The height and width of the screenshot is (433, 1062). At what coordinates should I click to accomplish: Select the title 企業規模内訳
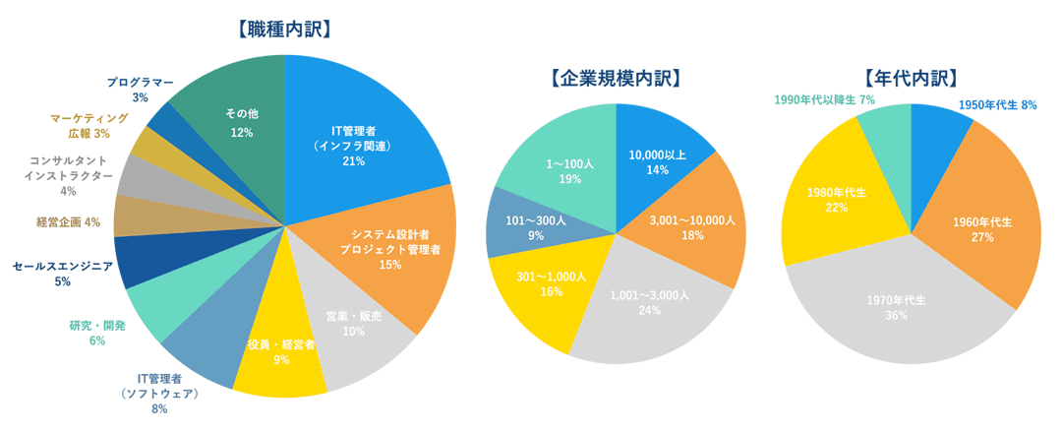[616, 78]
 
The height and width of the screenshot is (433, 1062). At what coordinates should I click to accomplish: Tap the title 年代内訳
[911, 78]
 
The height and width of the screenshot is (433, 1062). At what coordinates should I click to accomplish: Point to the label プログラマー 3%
[141, 90]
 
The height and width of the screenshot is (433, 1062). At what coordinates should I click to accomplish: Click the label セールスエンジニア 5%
[63, 273]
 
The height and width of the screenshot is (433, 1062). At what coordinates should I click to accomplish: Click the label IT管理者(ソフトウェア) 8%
[159, 394]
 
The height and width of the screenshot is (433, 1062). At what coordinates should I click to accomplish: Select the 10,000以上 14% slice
[657, 161]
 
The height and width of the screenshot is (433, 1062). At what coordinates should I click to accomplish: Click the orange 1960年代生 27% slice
[983, 228]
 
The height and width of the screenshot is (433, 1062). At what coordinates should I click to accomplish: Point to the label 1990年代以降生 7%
[824, 100]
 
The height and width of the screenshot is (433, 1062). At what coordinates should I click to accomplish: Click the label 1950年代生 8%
[996, 103]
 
